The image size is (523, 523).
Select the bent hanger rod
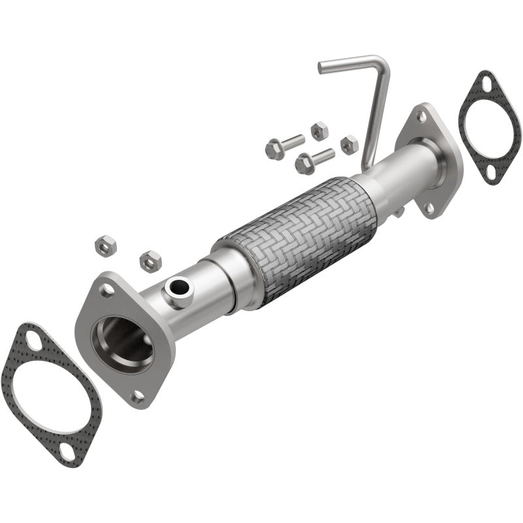[x=373, y=105]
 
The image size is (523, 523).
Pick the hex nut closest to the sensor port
[x=150, y=261]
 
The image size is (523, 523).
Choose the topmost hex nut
[x=319, y=131]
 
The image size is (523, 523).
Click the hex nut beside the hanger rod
[x=349, y=144]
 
